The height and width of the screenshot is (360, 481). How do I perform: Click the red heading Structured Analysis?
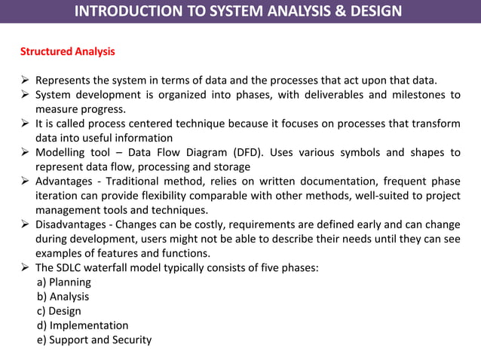click(x=67, y=52)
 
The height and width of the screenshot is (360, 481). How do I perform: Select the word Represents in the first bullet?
click(x=63, y=81)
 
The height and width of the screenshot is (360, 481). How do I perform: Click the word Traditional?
click(x=135, y=181)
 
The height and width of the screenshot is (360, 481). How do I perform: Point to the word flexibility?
click(x=170, y=195)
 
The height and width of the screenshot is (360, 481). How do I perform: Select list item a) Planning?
click(x=64, y=282)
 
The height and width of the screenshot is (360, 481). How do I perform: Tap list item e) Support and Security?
click(x=94, y=340)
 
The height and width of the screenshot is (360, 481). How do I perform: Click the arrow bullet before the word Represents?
click(x=25, y=81)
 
